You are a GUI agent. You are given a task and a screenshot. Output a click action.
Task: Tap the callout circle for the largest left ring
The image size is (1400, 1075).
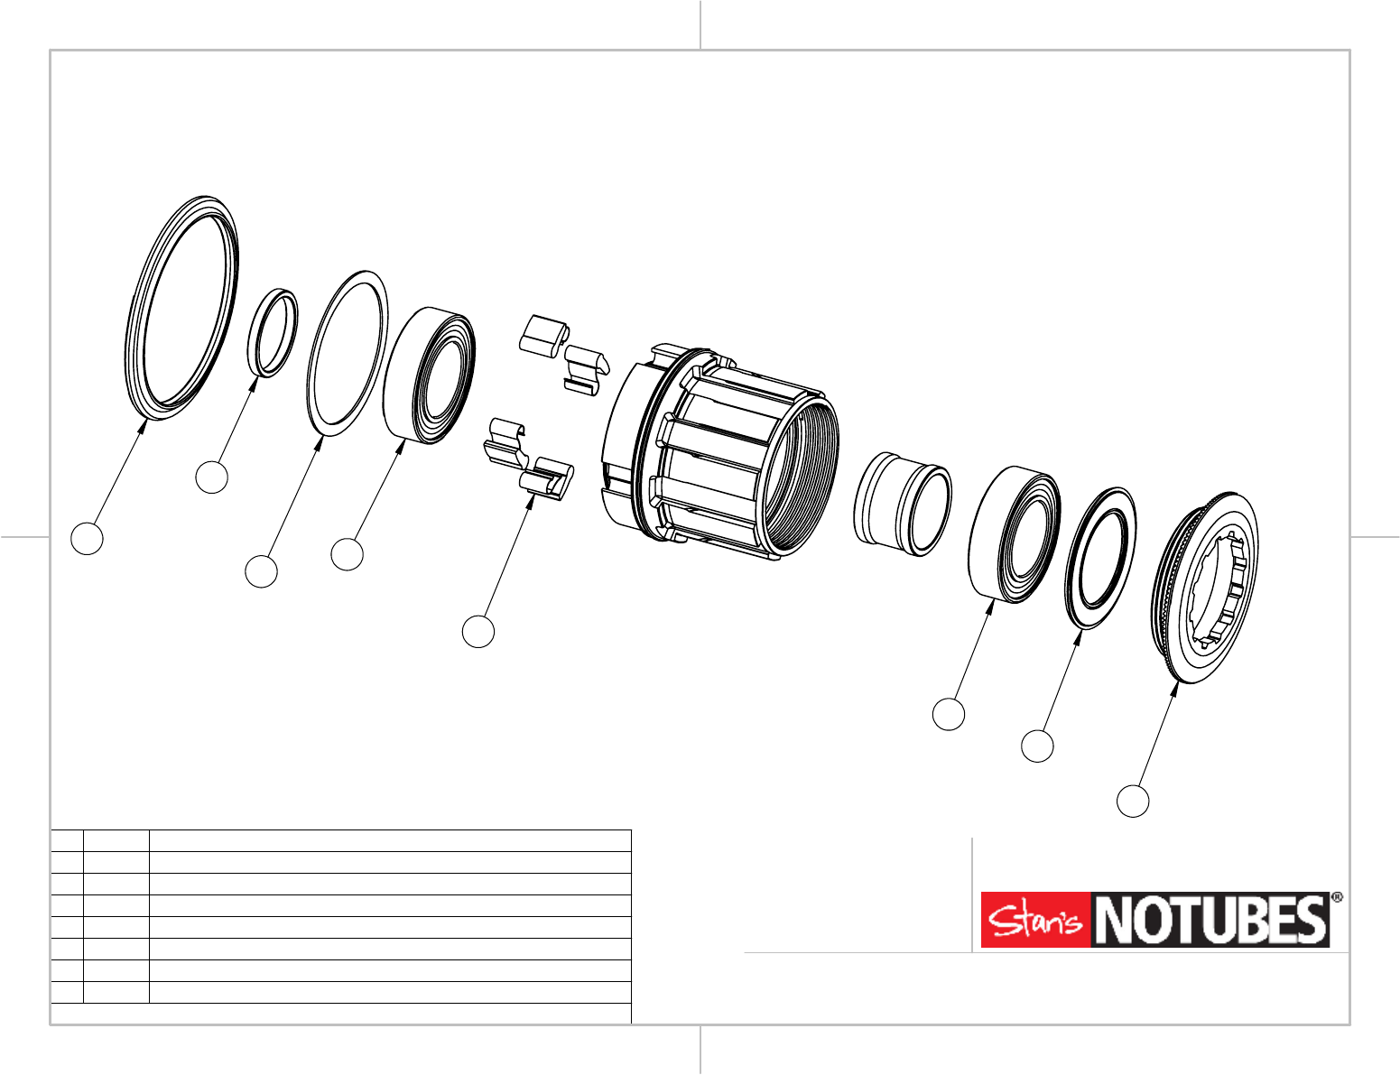click(88, 538)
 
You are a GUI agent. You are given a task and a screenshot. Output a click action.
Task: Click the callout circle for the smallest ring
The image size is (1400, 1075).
click(212, 477)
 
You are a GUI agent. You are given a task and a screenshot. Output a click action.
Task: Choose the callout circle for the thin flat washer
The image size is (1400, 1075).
click(262, 571)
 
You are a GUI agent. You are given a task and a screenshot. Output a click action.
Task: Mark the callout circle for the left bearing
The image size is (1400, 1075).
click(347, 554)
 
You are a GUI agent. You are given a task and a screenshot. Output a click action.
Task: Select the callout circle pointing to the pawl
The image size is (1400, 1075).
click(478, 631)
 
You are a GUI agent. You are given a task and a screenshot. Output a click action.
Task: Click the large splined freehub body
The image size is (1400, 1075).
click(722, 451)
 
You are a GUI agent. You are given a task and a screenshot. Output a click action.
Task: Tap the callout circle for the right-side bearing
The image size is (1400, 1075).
click(949, 714)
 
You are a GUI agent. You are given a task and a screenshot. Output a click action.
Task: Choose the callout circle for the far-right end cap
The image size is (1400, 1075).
click(1134, 801)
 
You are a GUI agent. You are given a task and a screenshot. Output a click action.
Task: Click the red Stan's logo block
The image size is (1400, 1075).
click(1036, 920)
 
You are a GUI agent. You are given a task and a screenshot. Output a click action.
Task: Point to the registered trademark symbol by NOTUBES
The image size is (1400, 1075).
click(1337, 898)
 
